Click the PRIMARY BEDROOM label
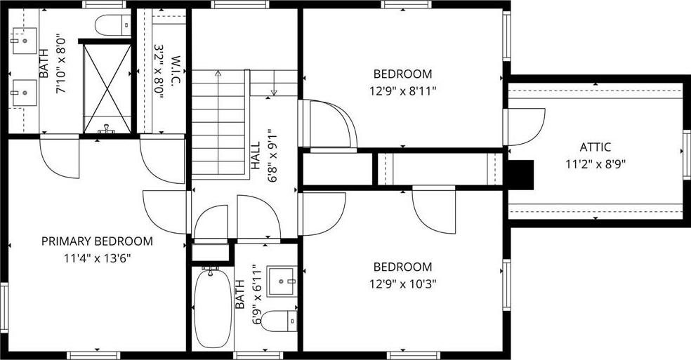tap(97, 241)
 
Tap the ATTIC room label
tap(595, 147)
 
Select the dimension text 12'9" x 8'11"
tap(403, 91)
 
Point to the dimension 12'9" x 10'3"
tap(403, 284)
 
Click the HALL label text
tap(256, 156)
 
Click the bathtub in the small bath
tap(212, 308)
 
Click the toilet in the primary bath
tap(113, 25)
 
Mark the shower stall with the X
tap(107, 88)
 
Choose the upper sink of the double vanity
tap(25, 41)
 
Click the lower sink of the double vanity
tap(25, 93)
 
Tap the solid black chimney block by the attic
tap(520, 175)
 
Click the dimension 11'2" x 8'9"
tap(595, 164)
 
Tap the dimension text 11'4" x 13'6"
tap(98, 258)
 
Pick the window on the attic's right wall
tap(687, 155)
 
